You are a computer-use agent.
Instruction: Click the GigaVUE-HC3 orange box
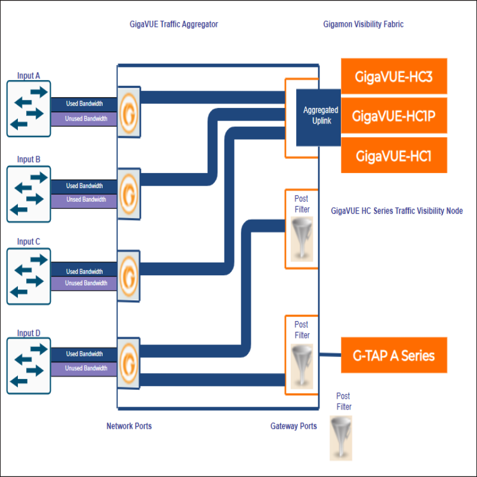pyautogui.click(x=393, y=76)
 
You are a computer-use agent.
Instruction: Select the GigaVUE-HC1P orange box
pyautogui.click(x=393, y=116)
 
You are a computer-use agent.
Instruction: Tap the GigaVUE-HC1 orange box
pyautogui.click(x=393, y=156)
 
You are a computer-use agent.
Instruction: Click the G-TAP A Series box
pyautogui.click(x=393, y=356)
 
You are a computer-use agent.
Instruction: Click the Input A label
pyautogui.click(x=29, y=76)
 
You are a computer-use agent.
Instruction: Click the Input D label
pyautogui.click(x=29, y=333)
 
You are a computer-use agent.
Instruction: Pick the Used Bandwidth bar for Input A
pyautogui.click(x=84, y=104)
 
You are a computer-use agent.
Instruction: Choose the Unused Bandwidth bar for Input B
pyautogui.click(x=84, y=200)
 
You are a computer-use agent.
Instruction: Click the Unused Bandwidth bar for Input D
pyautogui.click(x=84, y=368)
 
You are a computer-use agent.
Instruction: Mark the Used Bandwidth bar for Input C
pyautogui.click(x=84, y=272)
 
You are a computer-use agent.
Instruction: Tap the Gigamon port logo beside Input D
pyautogui.click(x=128, y=361)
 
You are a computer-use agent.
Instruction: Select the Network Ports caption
pyautogui.click(x=129, y=426)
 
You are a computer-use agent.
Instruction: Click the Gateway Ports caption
pyautogui.click(x=293, y=426)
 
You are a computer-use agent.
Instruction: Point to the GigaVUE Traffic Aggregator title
pyautogui.click(x=174, y=24)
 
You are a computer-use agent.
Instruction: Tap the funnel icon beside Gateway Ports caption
pyautogui.click(x=341, y=438)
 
